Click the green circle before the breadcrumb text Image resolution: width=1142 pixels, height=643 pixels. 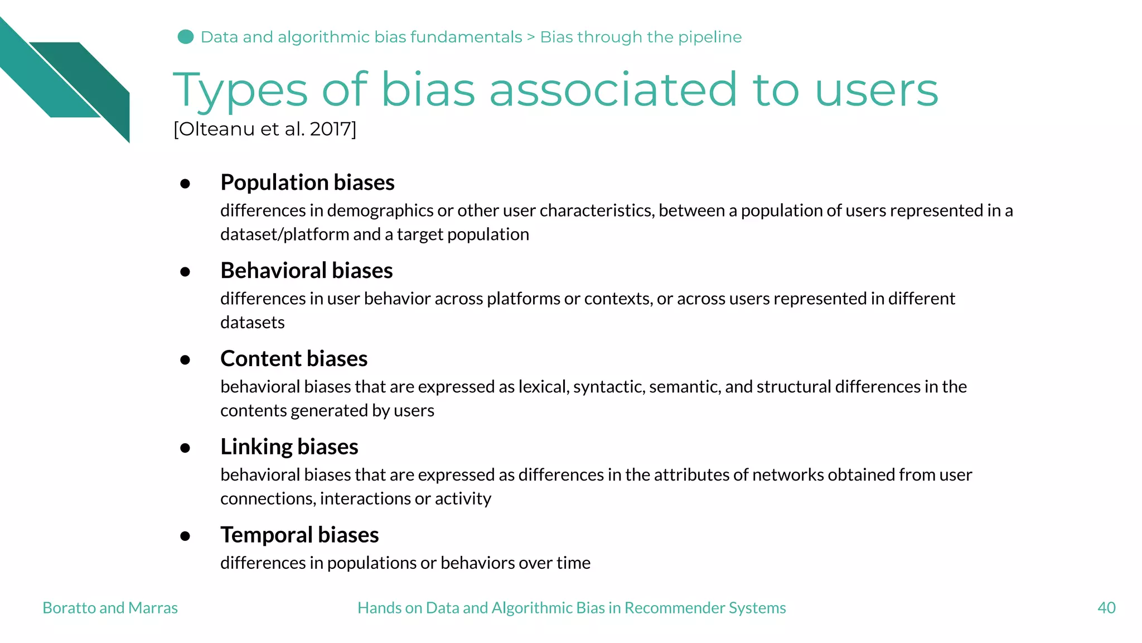coord(186,37)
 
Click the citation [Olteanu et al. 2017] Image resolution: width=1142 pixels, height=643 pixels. coord(265,129)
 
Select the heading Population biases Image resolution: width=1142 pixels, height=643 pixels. coord(307,183)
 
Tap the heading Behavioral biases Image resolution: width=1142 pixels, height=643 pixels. coord(307,271)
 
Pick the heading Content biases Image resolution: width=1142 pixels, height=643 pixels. coord(294,359)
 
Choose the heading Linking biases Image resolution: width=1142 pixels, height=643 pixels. coord(289,447)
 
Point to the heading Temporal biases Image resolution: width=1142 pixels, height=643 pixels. coord(299,535)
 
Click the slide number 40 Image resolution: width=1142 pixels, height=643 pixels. coord(1106,608)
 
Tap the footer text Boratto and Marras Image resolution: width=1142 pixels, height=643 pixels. coord(110,608)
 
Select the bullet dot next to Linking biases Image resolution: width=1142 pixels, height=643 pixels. coord(186,448)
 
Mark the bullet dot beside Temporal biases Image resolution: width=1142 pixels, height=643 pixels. coord(186,536)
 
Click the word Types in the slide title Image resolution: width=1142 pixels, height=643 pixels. coord(240,91)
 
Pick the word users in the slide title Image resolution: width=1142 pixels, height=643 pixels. coord(877,91)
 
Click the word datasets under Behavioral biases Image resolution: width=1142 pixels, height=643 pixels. coord(253,323)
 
